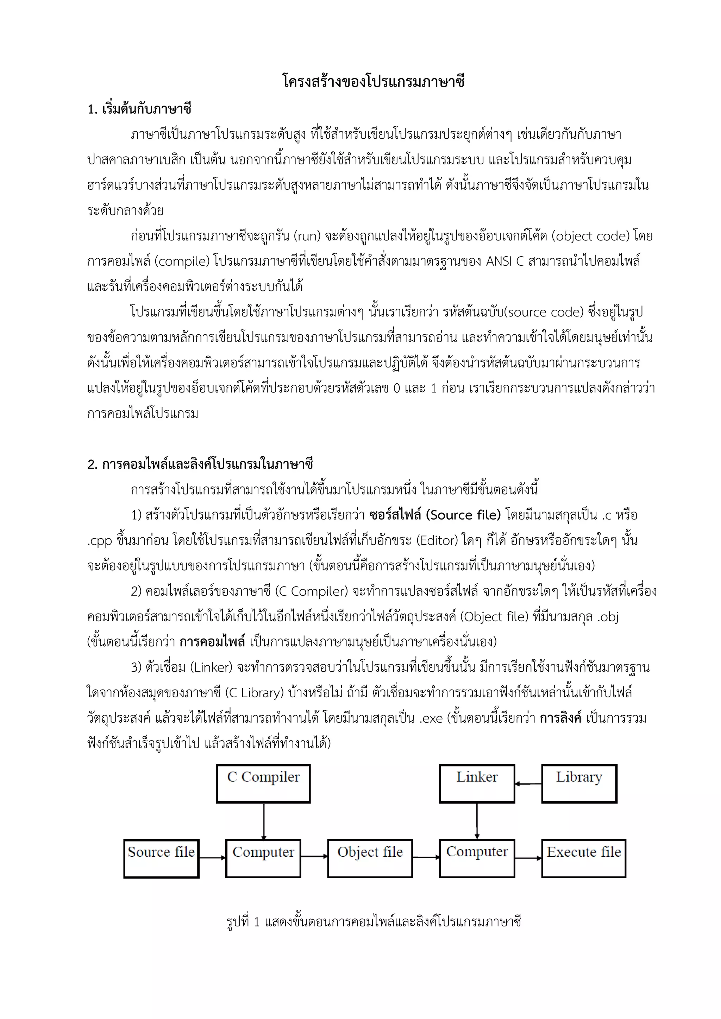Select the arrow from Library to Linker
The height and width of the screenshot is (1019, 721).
[x=528, y=784]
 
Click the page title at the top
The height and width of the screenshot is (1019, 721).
[x=374, y=82]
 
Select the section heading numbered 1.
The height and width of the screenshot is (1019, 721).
[x=139, y=109]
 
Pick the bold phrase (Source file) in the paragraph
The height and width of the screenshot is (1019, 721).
[x=463, y=515]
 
